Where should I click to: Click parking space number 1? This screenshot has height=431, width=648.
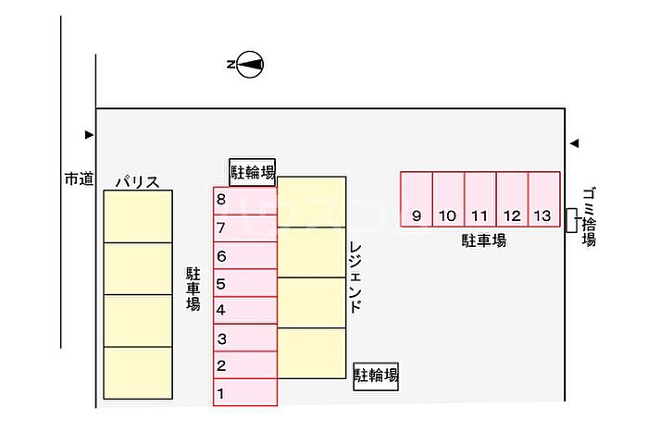coord(245,392)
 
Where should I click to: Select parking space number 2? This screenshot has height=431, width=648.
coord(245,365)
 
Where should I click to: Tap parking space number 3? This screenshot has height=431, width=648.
coord(245,339)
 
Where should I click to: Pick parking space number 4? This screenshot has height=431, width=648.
coord(245,311)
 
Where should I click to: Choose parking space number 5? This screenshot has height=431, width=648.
coord(245,284)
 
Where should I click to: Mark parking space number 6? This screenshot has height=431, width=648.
coord(245,256)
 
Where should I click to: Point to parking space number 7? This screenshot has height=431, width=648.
coord(245,228)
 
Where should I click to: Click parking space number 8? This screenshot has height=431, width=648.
coord(245,201)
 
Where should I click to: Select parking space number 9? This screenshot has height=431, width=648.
coord(417,199)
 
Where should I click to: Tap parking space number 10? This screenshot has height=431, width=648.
coord(448,199)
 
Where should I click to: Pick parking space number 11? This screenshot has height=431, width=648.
coord(480,199)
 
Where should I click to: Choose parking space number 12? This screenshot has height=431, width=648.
coord(512,199)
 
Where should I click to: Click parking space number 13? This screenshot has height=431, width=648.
coord(543,199)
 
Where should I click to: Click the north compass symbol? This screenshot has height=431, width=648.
coord(250,65)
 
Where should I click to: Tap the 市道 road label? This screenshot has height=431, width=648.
coord(79,179)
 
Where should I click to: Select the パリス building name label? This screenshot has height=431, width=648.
coord(137,182)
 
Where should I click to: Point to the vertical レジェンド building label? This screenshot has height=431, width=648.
coord(355,278)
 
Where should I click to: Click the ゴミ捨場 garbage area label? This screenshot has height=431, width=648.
coord(589,216)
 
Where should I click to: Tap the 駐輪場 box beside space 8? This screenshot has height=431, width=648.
coord(253,171)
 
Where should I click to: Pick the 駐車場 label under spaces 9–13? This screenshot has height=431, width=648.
coord(484,240)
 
